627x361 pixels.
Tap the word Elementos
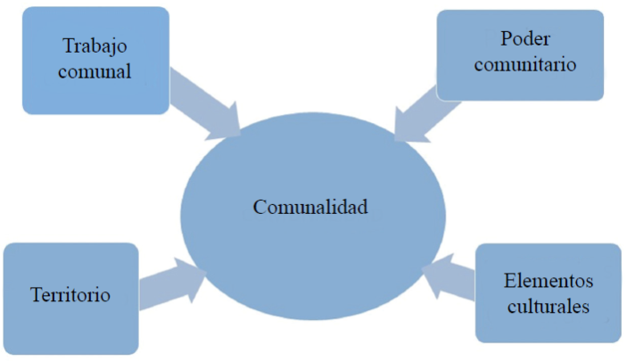(x=547, y=282)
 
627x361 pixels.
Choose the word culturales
(x=547, y=308)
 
